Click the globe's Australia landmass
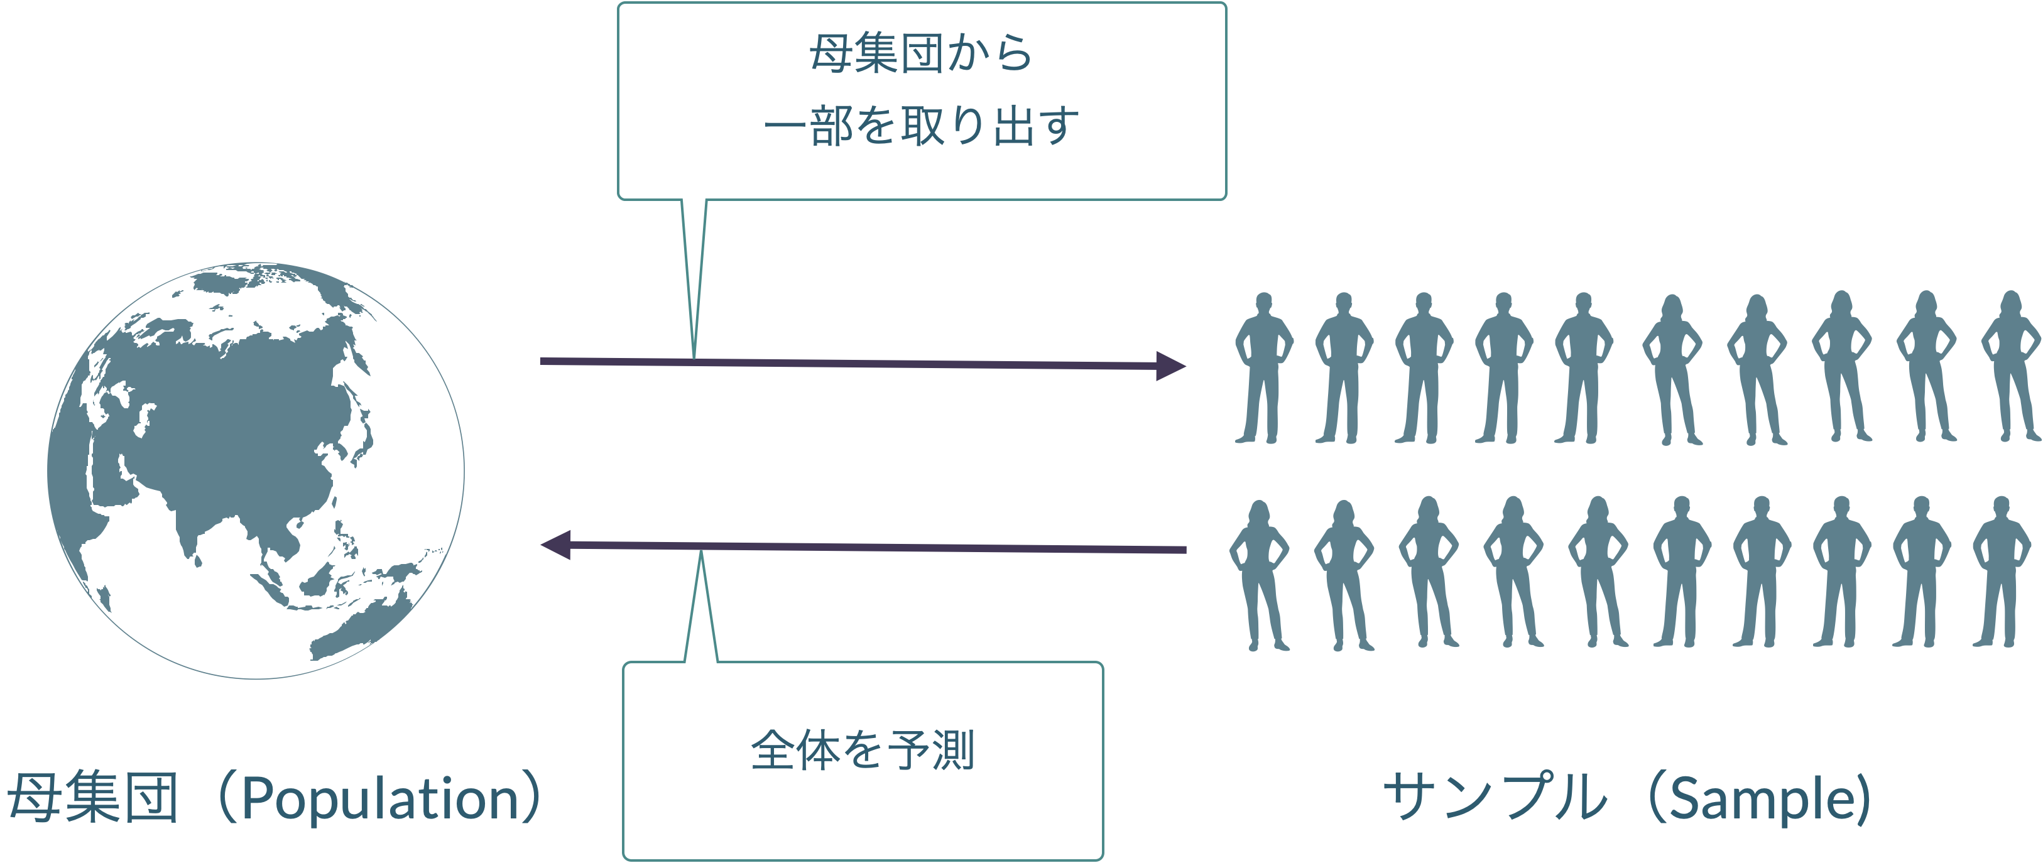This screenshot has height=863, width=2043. click(361, 627)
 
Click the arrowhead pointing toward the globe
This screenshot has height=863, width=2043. click(555, 545)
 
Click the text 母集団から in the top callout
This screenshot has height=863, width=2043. click(921, 54)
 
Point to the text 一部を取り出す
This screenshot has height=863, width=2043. click(922, 126)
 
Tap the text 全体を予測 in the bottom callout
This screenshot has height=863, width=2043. click(863, 751)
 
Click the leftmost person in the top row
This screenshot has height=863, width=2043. click(1264, 368)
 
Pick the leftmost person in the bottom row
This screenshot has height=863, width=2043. click(1260, 575)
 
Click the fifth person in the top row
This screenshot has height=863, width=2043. click(1584, 368)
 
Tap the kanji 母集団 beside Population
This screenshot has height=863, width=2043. click(93, 798)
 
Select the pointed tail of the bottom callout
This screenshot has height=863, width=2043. click(701, 553)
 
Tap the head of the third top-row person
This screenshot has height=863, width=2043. click(1424, 302)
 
